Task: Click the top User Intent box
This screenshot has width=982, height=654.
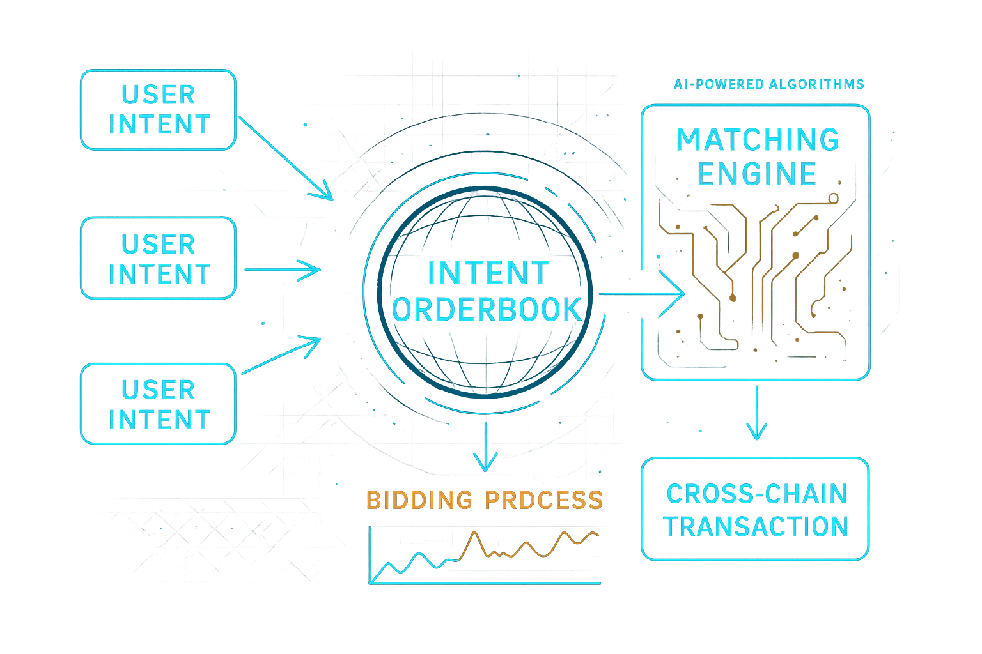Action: (158, 110)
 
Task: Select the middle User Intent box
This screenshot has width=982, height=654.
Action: (158, 258)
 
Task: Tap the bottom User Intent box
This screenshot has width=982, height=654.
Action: (158, 404)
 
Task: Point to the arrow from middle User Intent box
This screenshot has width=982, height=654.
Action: (282, 270)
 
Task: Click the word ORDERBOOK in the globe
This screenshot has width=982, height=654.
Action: (487, 310)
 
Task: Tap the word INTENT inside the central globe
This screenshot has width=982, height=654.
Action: (488, 273)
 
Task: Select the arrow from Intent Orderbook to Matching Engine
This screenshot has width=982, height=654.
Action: (641, 294)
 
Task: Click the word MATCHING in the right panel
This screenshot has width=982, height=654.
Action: (758, 140)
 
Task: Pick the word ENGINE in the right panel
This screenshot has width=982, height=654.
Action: (757, 174)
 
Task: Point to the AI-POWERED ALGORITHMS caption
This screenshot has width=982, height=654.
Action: (769, 84)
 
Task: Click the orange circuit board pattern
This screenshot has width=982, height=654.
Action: (754, 275)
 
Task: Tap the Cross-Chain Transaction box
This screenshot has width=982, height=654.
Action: (755, 509)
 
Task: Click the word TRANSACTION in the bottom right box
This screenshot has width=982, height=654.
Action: (756, 527)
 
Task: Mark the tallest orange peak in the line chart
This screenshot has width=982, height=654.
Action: (474, 533)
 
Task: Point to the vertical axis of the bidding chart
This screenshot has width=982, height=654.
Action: (370, 555)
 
